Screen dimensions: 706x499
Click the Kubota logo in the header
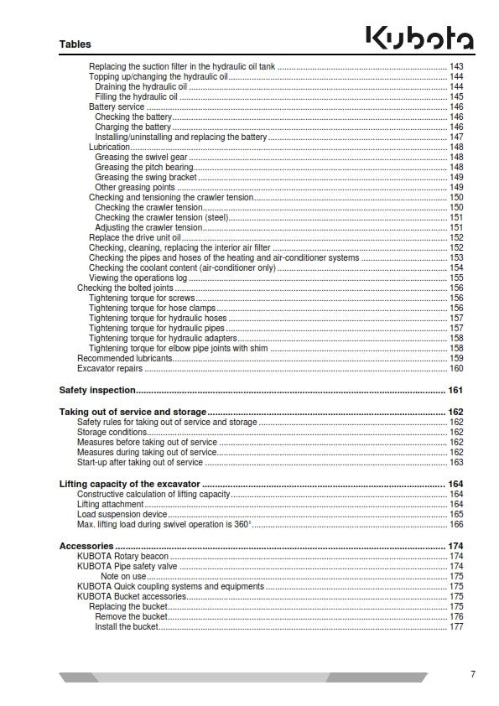(419, 38)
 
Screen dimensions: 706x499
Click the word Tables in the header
(75, 44)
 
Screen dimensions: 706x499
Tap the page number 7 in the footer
(473, 675)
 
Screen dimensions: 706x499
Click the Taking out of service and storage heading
(133, 412)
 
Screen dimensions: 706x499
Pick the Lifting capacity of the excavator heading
(130, 484)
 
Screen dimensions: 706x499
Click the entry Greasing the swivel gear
(141, 157)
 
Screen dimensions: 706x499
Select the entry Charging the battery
(133, 127)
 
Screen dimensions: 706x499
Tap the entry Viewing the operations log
(138, 278)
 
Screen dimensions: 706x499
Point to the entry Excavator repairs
(110, 368)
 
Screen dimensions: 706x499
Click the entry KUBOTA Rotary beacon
(122, 556)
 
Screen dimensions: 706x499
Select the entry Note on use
(123, 576)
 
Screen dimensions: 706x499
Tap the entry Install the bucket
(126, 626)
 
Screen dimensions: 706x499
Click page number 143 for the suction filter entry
(456, 66)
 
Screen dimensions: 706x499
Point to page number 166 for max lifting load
(456, 524)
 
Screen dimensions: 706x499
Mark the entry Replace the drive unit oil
(134, 237)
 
